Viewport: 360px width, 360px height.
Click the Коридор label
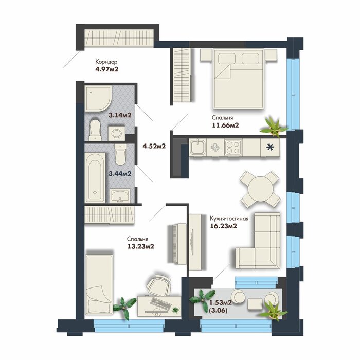coord(106,62)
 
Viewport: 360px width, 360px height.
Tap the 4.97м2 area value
coord(107,69)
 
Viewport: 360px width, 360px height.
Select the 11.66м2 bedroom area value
coord(225,125)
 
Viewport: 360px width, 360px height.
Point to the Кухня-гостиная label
coord(229,219)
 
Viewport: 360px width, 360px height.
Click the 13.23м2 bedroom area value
coord(140,246)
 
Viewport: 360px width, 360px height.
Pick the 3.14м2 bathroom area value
coord(120,115)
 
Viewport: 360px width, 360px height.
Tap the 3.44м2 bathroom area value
coord(120,174)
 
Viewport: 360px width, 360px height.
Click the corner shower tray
coord(98,99)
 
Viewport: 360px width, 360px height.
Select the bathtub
coord(95,178)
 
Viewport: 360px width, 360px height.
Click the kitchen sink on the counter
coord(197,147)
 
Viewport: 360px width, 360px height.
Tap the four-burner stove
coord(233,148)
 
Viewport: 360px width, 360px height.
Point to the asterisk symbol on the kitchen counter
coord(270,148)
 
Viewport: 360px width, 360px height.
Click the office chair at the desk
coord(158,285)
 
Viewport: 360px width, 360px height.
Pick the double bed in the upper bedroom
coord(238,79)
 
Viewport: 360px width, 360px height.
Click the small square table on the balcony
coord(255,303)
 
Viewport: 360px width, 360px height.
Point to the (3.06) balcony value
coord(218,311)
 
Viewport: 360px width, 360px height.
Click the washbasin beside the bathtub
coord(120,196)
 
